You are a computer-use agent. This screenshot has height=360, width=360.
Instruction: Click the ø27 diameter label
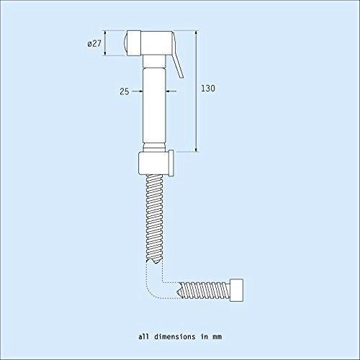pos(94,44)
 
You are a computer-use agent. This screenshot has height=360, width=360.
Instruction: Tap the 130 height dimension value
pos(208,89)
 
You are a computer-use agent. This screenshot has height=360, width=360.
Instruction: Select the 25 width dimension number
pos(125,91)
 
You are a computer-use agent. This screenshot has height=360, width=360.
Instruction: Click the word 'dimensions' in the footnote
pos(175,337)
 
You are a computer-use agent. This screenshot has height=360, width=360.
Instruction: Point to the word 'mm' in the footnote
pos(217,337)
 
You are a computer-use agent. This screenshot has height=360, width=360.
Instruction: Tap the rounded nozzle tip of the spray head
pos(125,43)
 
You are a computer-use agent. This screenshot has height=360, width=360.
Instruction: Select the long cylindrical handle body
pos(154,106)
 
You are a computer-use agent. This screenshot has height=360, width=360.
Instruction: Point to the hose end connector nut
pos(236,290)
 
